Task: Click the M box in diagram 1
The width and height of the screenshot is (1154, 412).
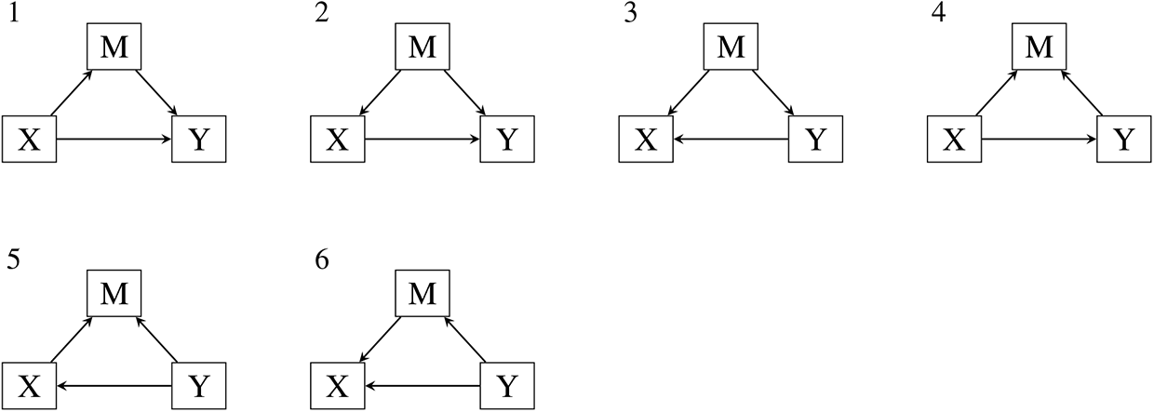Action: coord(114,47)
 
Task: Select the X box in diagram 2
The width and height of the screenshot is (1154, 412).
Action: coord(338,140)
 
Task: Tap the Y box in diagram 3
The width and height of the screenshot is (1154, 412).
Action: coord(815,140)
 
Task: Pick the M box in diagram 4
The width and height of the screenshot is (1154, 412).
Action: coord(1040,47)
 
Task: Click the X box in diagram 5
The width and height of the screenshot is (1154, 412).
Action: coord(30,386)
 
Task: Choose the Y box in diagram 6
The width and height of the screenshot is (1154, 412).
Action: coord(507,386)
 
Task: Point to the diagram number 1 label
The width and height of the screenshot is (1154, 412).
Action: coord(14,14)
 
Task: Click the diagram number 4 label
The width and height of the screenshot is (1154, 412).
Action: coord(939,14)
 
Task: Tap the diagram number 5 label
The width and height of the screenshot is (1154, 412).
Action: coord(13,260)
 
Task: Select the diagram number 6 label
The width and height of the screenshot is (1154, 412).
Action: coord(322,260)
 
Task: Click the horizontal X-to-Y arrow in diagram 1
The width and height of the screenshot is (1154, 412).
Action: coord(114,140)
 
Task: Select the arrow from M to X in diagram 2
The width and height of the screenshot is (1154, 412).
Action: coord(380,93)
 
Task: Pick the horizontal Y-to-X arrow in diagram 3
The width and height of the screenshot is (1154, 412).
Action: coord(731,140)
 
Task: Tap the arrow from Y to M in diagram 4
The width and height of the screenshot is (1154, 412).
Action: coord(1081,93)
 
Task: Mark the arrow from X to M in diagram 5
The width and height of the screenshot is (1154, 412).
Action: coord(72,339)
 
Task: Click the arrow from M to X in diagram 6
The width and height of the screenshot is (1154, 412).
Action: coord(380,339)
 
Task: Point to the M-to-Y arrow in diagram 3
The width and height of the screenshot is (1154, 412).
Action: coord(773,93)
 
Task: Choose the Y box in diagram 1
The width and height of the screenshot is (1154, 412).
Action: coord(199,140)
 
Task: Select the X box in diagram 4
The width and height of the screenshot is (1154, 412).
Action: coord(955,140)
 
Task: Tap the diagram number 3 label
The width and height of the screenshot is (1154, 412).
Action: coord(631,14)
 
